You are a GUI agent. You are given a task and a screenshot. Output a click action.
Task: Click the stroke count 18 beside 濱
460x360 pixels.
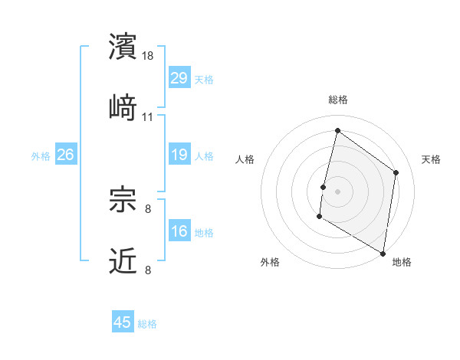coord(149,56)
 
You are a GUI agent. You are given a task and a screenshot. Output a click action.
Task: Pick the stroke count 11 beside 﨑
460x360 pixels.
coord(148,117)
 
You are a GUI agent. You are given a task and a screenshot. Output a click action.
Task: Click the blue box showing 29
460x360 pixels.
coord(179,78)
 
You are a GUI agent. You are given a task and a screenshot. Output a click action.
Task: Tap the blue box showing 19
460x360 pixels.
coord(179,155)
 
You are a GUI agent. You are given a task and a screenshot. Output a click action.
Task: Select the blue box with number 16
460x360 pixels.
coord(179,231)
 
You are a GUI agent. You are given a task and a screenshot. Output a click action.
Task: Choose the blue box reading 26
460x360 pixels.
coord(65,155)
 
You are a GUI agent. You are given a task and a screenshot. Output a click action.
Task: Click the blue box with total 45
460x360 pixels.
coord(123,322)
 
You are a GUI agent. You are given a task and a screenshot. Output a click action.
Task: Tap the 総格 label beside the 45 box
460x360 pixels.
coord(147,324)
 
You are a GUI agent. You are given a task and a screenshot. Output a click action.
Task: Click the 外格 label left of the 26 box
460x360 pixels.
coord(41,156)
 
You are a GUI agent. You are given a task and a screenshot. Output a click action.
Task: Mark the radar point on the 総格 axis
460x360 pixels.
coord(337,130)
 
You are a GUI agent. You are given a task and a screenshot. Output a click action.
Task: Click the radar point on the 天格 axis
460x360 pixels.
coord(396,172)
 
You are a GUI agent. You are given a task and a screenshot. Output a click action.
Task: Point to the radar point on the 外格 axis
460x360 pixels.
coord(319,217)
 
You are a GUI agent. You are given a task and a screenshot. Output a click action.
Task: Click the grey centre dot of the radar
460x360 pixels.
coord(337,191)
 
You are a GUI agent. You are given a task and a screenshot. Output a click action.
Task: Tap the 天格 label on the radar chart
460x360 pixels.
coord(431,159)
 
